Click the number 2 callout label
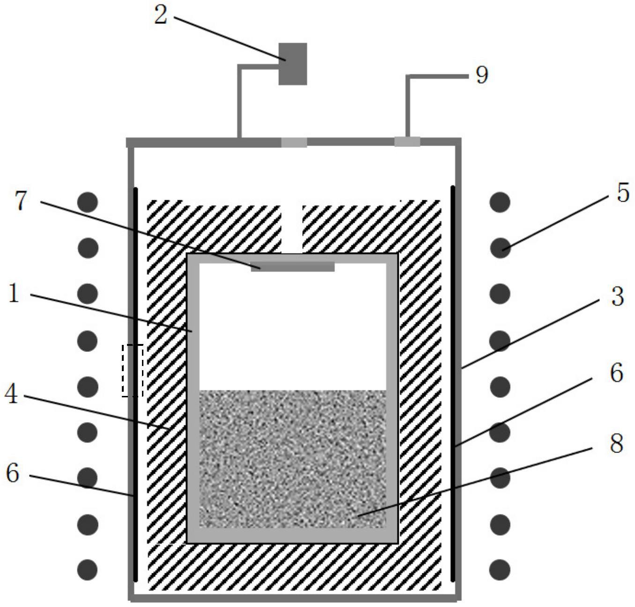(161, 15)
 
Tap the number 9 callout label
(482, 75)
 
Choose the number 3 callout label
(617, 297)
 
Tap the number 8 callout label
(616, 444)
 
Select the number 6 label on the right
(617, 373)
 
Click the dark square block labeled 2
(292, 64)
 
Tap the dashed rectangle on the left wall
(133, 371)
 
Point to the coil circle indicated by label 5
(500, 248)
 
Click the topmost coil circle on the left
(88, 202)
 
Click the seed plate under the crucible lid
(293, 266)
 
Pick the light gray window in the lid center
(294, 142)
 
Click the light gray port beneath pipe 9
(407, 142)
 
